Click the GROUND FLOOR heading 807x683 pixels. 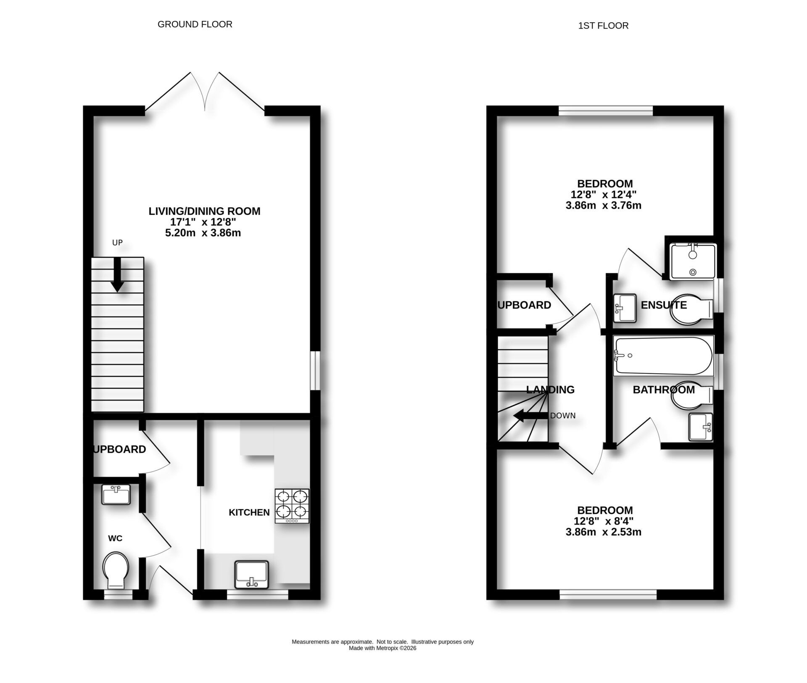(x=195, y=24)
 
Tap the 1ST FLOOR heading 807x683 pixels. (x=603, y=26)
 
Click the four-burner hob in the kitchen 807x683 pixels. (x=292, y=506)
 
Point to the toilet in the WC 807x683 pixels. (x=116, y=570)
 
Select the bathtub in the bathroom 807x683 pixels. (x=663, y=356)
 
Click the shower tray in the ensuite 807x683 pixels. (x=693, y=261)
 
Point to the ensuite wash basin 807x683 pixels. (x=625, y=308)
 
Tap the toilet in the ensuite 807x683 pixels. (x=689, y=310)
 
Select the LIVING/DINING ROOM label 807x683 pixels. (x=204, y=211)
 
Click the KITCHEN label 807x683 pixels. (x=249, y=512)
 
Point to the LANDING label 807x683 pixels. (x=550, y=390)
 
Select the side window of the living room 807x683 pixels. (x=314, y=371)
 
